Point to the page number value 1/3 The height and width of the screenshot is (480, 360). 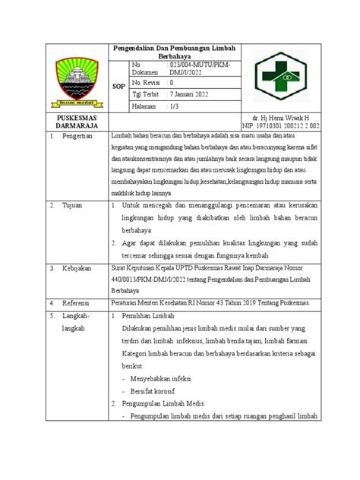click(x=175, y=109)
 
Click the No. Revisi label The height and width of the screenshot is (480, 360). click(x=147, y=81)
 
